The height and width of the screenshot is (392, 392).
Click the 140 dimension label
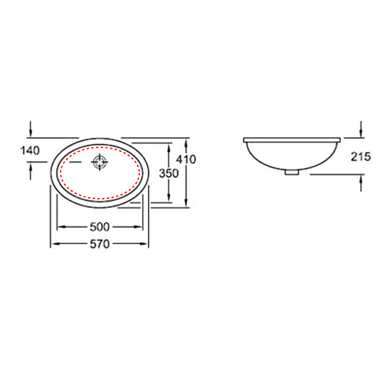[30, 151]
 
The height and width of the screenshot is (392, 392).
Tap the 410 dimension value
[186, 159]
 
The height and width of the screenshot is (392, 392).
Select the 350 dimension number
[169, 173]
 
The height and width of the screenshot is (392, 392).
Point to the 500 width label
[100, 227]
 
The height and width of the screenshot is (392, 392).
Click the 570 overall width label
[100, 244]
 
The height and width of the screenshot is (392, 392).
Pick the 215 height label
[361, 157]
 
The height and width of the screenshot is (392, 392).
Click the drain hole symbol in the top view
[100, 162]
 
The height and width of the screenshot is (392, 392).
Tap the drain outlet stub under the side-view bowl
[292, 172]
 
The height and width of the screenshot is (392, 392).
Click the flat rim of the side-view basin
[292, 140]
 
